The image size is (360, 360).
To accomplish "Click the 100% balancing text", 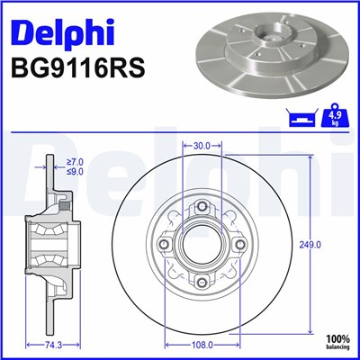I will click(x=337, y=341).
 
